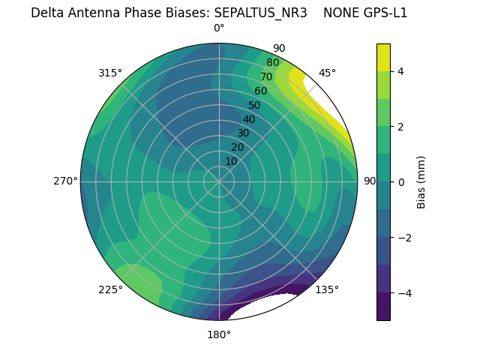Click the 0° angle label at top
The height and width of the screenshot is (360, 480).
pyautogui.click(x=219, y=28)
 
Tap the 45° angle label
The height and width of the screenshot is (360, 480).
pyautogui.click(x=327, y=73)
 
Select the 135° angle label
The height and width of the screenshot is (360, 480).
pyautogui.click(x=327, y=289)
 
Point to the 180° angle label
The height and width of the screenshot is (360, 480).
pyautogui.click(x=219, y=334)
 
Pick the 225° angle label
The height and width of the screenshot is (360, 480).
pyautogui.click(x=110, y=289)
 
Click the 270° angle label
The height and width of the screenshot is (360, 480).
pyautogui.click(x=66, y=181)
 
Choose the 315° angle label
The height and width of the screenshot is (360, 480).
pyautogui.click(x=110, y=73)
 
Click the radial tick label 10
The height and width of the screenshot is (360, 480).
pyautogui.click(x=231, y=161)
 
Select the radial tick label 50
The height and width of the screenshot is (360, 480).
pyautogui.click(x=254, y=106)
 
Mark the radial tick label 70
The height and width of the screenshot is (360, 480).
pyautogui.click(x=266, y=77)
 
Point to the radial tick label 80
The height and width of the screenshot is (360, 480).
pyautogui.click(x=272, y=63)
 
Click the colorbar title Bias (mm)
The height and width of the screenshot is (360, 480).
pyautogui.click(x=421, y=181)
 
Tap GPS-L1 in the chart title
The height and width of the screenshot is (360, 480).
pyautogui.click(x=383, y=13)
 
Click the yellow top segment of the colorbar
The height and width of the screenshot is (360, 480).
pyautogui.click(x=383, y=57)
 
